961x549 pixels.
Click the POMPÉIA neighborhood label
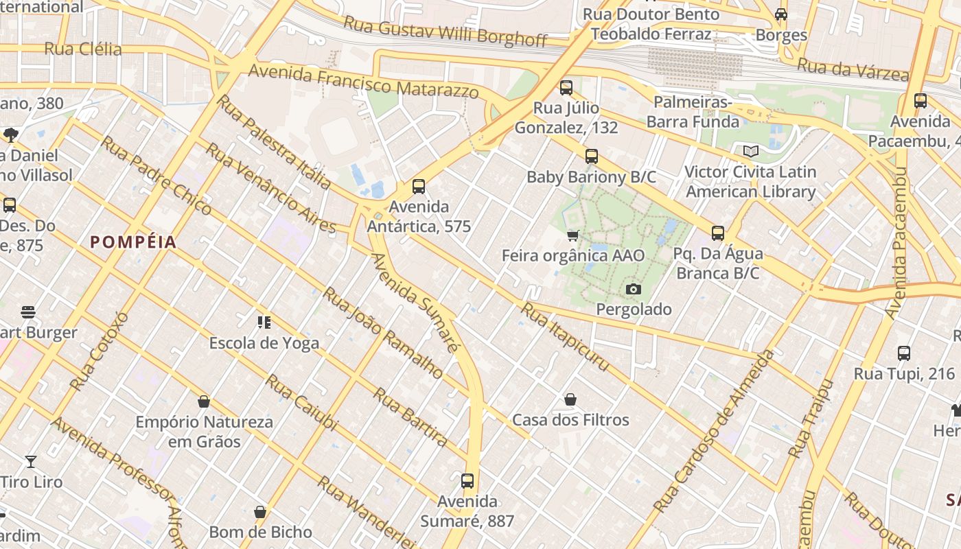click(133, 242)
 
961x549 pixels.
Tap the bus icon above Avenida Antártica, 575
click(418, 186)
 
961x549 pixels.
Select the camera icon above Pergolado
click(634, 290)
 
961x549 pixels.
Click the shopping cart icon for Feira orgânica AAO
click(573, 235)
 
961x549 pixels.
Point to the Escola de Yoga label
click(264, 342)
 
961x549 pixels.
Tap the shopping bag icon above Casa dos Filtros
click(570, 399)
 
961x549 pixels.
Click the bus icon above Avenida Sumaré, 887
click(467, 481)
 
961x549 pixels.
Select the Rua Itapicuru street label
click(564, 337)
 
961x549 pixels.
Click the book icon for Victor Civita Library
click(751, 151)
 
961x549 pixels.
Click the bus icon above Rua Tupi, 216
click(904, 353)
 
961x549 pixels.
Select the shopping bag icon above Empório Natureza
click(203, 401)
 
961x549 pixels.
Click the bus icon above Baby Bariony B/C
click(591, 156)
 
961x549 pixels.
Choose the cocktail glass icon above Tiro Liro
click(30, 461)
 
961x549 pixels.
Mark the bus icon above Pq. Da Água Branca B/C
click(717, 233)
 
